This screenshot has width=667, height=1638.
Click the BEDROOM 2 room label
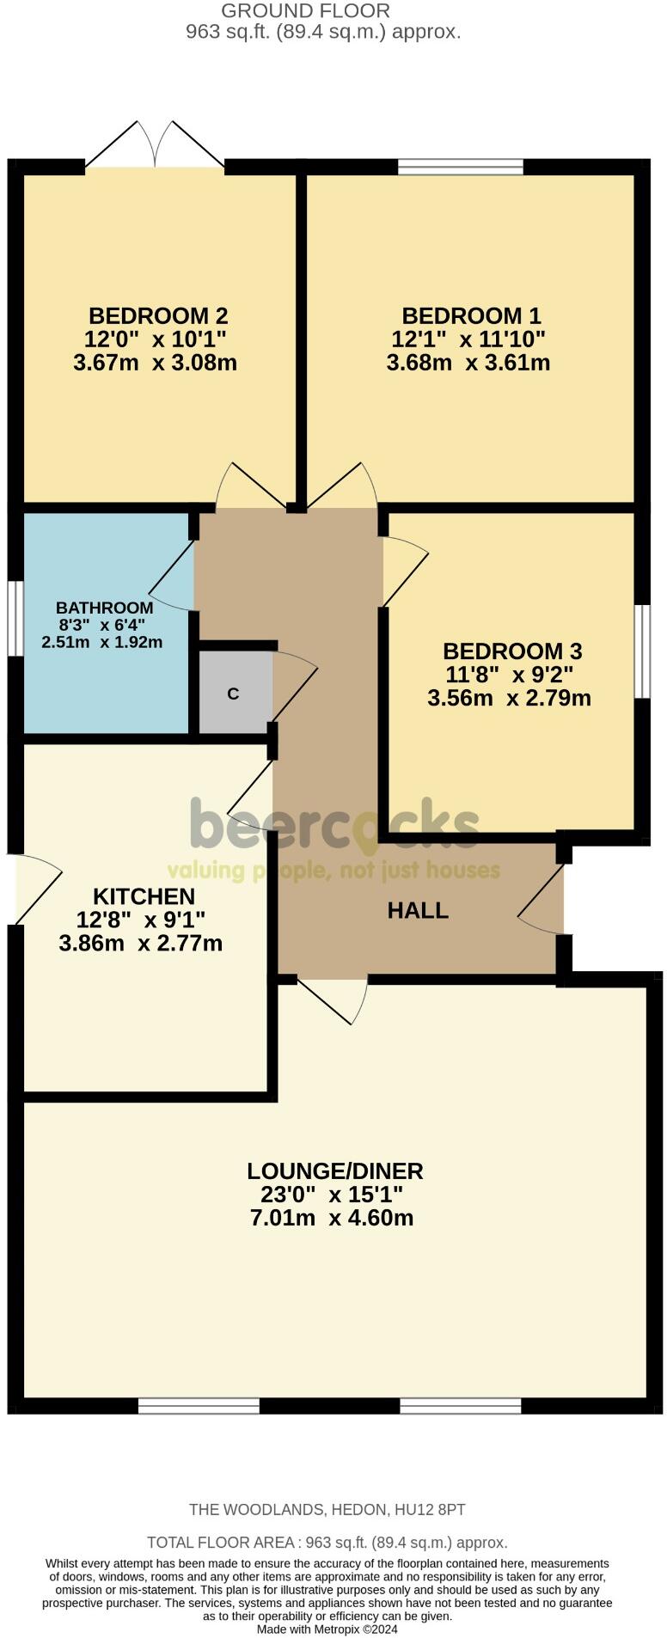pyautogui.click(x=157, y=315)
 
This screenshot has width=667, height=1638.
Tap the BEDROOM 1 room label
pyautogui.click(x=471, y=315)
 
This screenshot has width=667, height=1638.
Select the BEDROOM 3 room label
pyautogui.click(x=512, y=651)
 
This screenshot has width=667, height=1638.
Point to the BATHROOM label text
pyautogui.click(x=105, y=608)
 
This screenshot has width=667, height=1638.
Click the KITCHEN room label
pyautogui.click(x=144, y=896)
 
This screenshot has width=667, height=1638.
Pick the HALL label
pyautogui.click(x=418, y=911)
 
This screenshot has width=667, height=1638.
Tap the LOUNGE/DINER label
pyautogui.click(x=334, y=1170)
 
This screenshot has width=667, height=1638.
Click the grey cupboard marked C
pyautogui.click(x=233, y=694)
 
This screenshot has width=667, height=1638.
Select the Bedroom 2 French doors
pyautogui.click(x=155, y=146)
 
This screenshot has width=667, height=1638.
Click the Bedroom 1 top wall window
pyautogui.click(x=461, y=166)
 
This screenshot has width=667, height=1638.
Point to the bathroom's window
pyautogui.click(x=15, y=619)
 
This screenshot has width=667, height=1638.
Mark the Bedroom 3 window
pyautogui.click(x=642, y=651)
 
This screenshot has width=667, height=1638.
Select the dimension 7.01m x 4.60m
pyautogui.click(x=332, y=1218)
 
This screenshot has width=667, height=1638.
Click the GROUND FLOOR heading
pyautogui.click(x=305, y=11)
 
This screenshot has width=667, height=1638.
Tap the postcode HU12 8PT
pyautogui.click(x=429, y=1509)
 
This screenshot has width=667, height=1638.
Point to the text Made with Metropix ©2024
pyautogui.click(x=327, y=1629)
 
